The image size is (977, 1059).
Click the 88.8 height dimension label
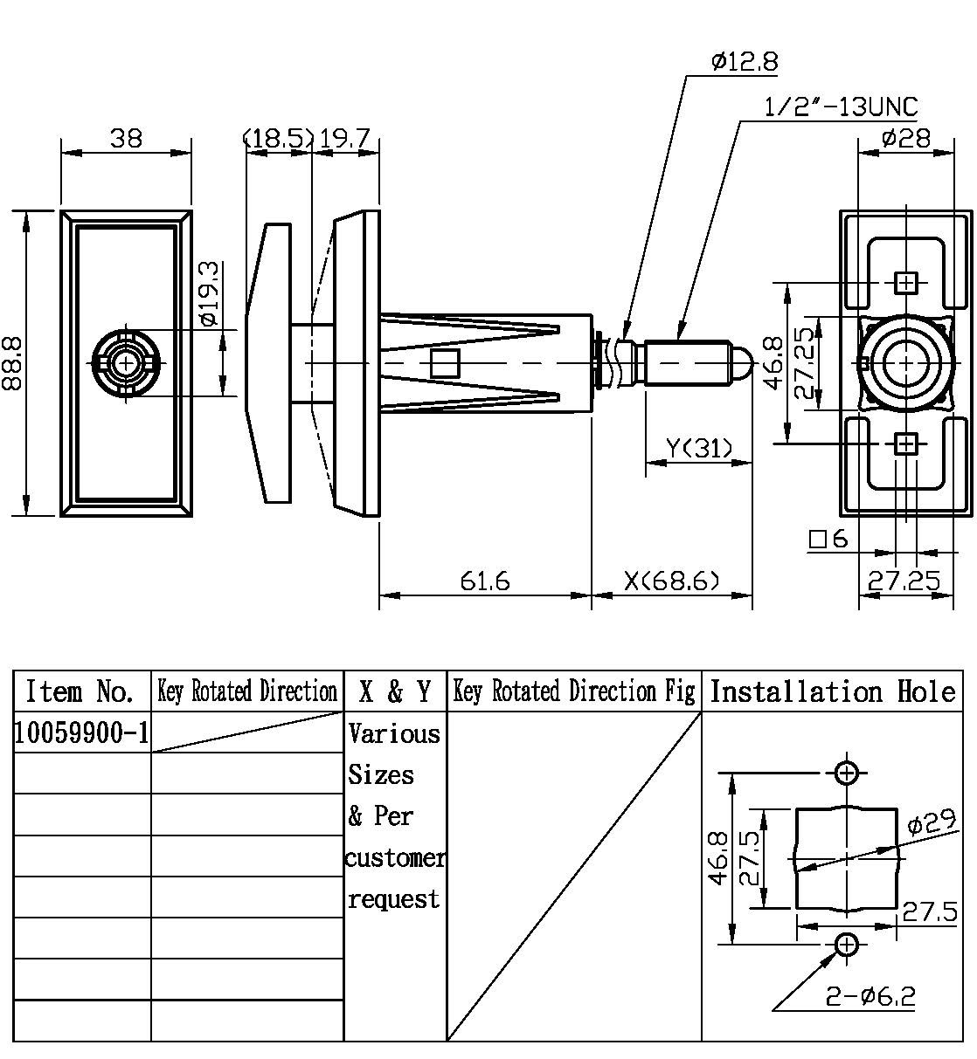click(x=13, y=363)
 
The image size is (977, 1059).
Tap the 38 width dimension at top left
click(x=127, y=138)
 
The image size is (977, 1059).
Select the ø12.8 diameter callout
click(x=745, y=62)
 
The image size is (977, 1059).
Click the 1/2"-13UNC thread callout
click(x=841, y=107)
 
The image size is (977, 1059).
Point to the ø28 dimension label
click(x=906, y=138)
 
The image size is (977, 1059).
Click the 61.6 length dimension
click(x=485, y=581)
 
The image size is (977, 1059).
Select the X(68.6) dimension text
click(x=672, y=581)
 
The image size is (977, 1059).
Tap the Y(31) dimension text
click(x=698, y=448)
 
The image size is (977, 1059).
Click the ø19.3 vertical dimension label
click(x=208, y=293)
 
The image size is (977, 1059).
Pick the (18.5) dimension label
click(x=279, y=138)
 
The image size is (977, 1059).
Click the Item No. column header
click(x=81, y=692)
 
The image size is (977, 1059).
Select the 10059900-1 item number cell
click(x=81, y=733)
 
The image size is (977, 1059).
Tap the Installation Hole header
click(x=832, y=692)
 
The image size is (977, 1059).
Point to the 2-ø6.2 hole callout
click(x=870, y=996)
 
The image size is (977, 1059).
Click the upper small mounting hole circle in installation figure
click(x=846, y=773)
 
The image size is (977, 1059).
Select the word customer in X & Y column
click(x=395, y=858)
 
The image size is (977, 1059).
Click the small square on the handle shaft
click(x=445, y=362)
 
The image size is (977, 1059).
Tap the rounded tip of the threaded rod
click(x=741, y=362)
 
